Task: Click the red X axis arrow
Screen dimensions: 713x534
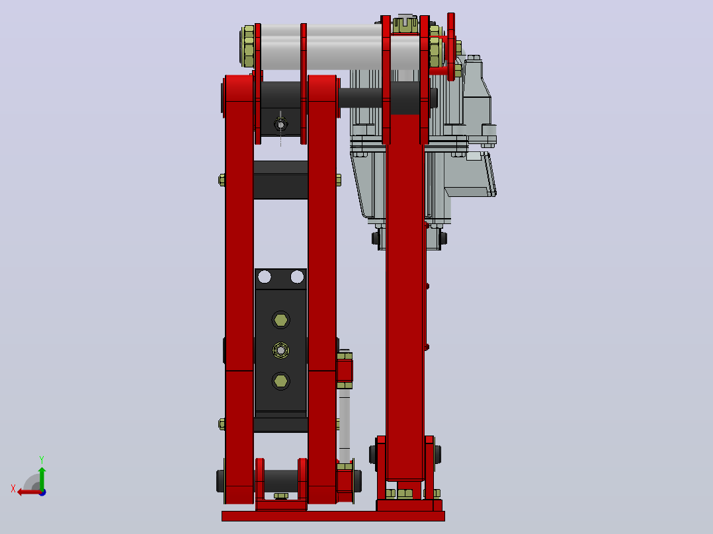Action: point(29,492)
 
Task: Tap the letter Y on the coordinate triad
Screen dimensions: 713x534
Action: point(42,459)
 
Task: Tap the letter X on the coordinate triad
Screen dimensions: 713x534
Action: point(13,488)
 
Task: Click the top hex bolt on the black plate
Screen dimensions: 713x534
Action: point(280,320)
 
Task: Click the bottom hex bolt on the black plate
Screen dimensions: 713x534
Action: point(280,381)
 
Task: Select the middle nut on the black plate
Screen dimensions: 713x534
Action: point(280,350)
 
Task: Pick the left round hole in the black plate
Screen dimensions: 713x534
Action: point(264,276)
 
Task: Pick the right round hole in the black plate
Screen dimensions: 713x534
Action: point(297,276)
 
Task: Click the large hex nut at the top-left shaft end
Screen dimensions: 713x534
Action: point(248,46)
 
